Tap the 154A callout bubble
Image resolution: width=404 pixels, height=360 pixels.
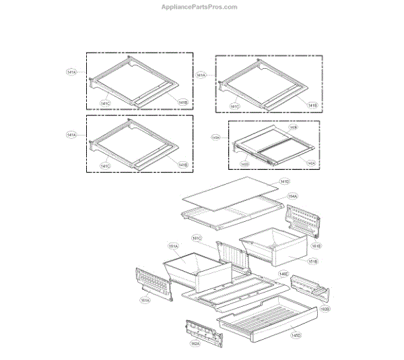[x=292, y=196]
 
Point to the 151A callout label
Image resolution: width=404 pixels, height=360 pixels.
[x=173, y=247]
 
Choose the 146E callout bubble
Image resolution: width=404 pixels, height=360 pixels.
[x=285, y=274]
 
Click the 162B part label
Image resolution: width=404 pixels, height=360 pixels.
[x=325, y=309]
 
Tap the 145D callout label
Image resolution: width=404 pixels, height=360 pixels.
[x=296, y=335]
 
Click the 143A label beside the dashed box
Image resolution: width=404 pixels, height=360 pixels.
[x=215, y=137]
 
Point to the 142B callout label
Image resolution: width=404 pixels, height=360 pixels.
[x=294, y=127]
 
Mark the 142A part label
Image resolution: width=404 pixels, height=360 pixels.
[x=310, y=163]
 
